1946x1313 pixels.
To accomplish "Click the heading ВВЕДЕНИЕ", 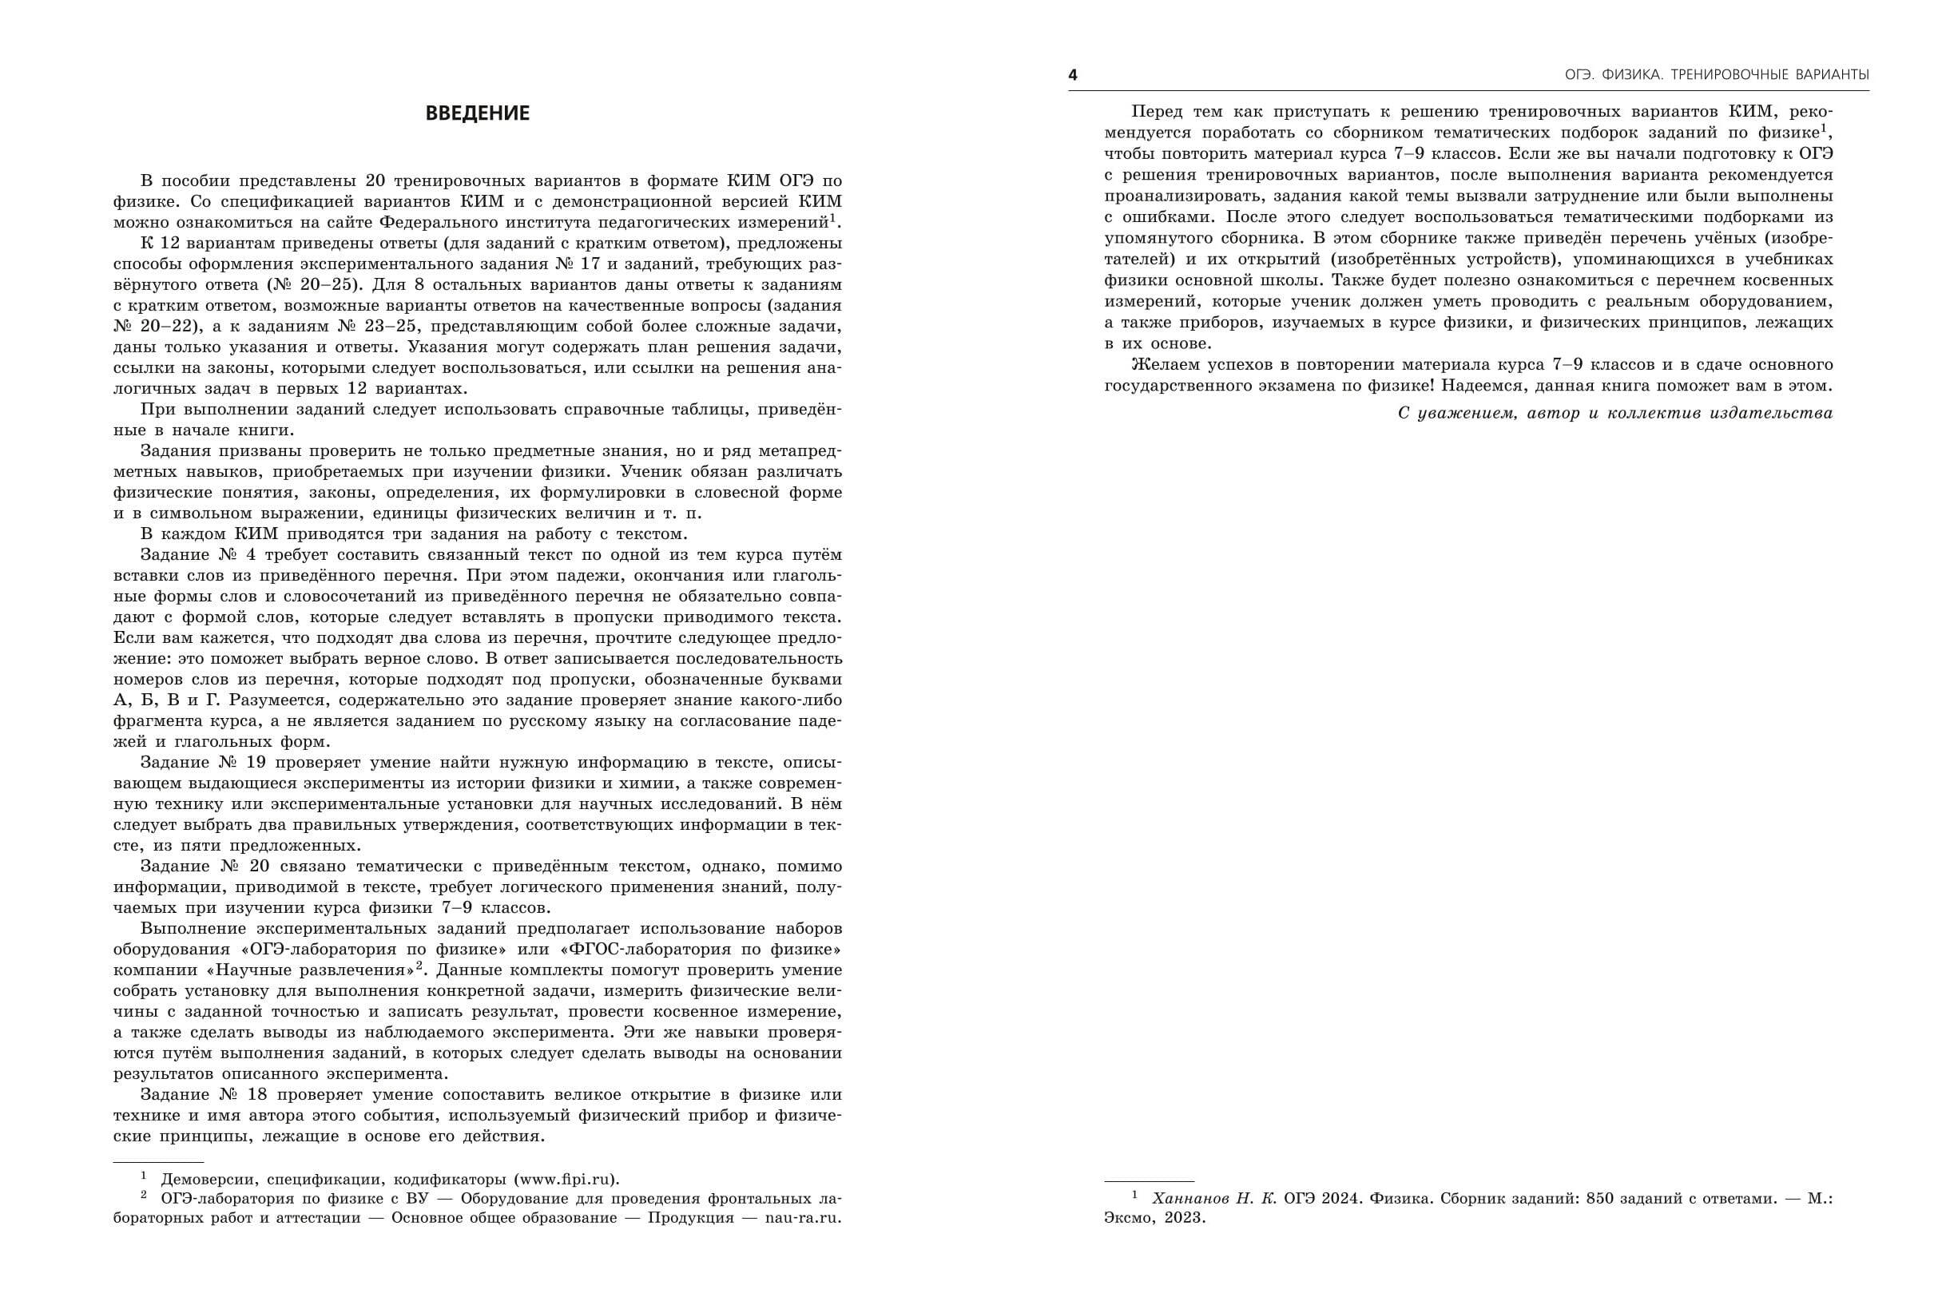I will click(x=477, y=113).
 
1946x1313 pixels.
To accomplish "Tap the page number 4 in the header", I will click(x=1073, y=75).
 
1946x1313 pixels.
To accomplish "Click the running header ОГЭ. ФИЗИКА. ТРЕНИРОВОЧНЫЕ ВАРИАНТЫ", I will click(x=1717, y=75).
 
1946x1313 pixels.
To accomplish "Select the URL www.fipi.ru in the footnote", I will click(x=566, y=1180).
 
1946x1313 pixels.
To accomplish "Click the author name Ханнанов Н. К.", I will click(x=1214, y=1198).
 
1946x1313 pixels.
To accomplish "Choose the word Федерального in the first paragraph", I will click(x=435, y=223).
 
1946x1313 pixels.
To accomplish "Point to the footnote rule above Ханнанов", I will click(x=1149, y=1181).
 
